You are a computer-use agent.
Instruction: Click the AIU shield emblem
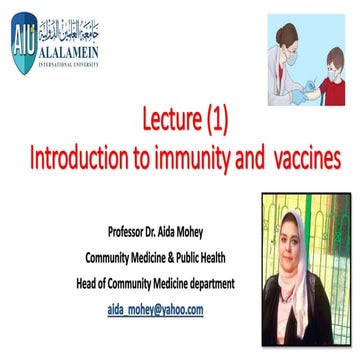[x=21, y=29]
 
